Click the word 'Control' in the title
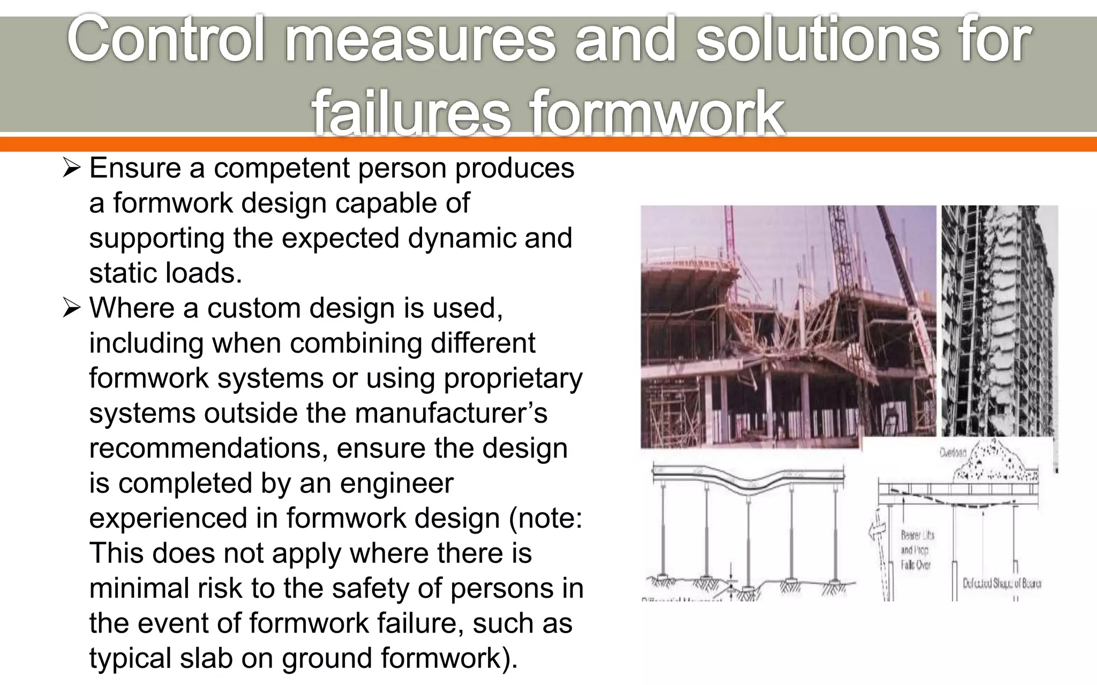click(166, 40)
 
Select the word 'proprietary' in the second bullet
click(513, 378)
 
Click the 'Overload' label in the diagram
click(952, 453)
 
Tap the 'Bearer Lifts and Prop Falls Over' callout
click(916, 550)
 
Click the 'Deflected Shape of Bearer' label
click(1001, 583)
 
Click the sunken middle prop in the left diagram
click(748, 541)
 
